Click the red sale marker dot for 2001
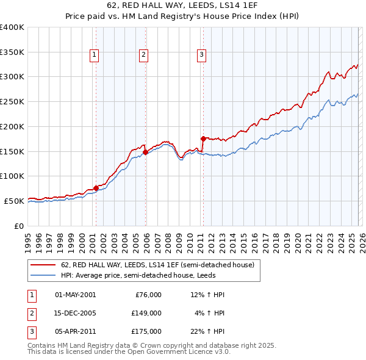pos(96,188)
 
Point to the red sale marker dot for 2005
pos(146,152)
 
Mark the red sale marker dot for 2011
pos(203,139)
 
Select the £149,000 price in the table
pos(146,313)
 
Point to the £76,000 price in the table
pos(148,295)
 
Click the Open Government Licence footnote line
pos(129,352)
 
